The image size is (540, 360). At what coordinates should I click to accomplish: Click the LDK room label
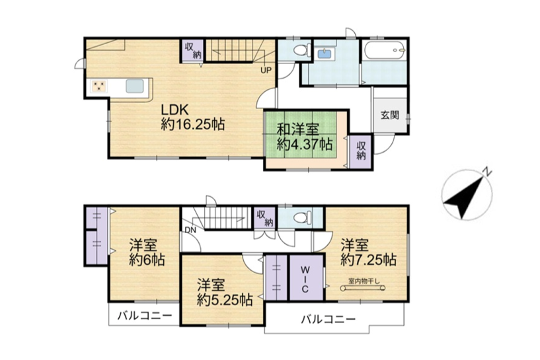tap(175, 110)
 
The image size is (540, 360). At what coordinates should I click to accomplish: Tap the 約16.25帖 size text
tap(193, 124)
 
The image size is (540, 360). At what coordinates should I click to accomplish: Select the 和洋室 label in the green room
tap(298, 129)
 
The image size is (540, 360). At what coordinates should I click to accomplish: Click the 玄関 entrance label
tap(390, 115)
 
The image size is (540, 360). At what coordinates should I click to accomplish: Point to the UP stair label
tap(266, 71)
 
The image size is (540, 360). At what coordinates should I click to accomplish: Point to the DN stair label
tap(190, 231)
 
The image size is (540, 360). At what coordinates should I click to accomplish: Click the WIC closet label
tap(305, 279)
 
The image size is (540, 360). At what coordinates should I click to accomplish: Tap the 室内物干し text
tap(364, 281)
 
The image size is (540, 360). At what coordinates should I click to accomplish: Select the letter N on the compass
tap(487, 171)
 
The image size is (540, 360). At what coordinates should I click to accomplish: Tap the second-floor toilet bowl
tap(302, 217)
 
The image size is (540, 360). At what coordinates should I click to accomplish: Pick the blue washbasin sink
tap(323, 54)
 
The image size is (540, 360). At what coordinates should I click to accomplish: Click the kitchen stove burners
tap(99, 86)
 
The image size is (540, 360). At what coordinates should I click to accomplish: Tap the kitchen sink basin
tap(135, 86)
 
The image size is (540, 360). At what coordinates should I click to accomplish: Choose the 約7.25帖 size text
tap(368, 260)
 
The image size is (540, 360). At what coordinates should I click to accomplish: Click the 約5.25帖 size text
tap(225, 300)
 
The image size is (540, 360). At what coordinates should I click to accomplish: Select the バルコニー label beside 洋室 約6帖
tap(144, 315)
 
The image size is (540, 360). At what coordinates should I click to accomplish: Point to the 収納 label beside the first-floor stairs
tap(193, 50)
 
